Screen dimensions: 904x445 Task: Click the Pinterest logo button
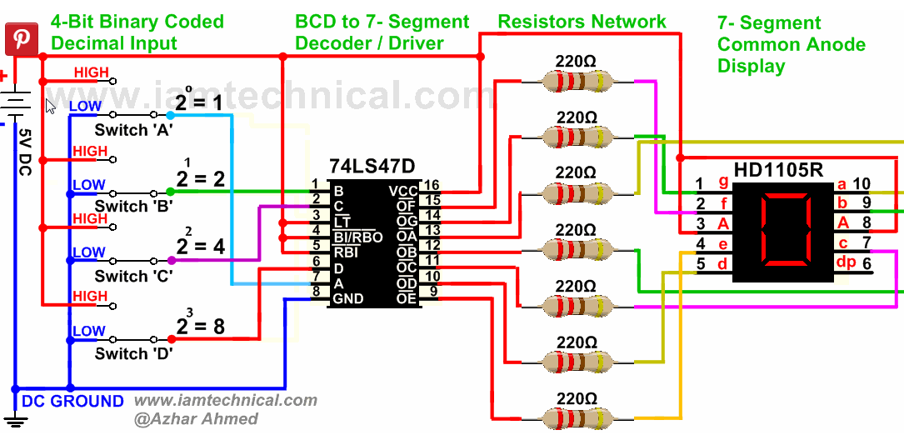[22, 39]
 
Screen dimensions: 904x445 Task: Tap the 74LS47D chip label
[372, 167]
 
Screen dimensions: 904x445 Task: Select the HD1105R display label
[777, 170]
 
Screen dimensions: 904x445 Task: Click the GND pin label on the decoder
[347, 298]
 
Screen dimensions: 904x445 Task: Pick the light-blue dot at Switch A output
[170, 115]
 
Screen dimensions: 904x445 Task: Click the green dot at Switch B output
[170, 192]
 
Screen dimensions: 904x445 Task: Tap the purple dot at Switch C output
[171, 261]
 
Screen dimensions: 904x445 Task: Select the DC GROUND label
[72, 401]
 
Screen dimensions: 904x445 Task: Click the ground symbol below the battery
[16, 423]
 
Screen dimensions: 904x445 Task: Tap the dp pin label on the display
[846, 262]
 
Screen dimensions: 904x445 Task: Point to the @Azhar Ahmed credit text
[196, 418]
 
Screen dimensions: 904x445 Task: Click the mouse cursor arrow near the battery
[50, 106]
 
